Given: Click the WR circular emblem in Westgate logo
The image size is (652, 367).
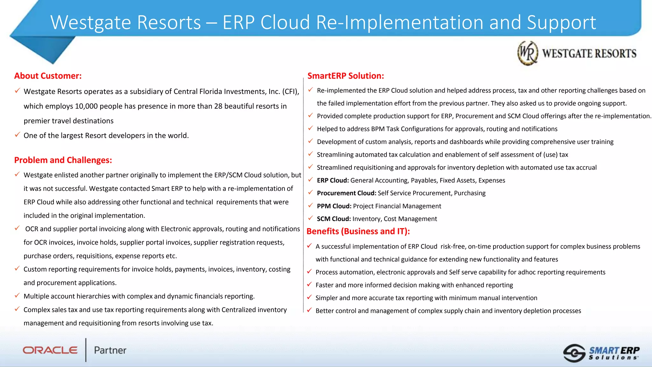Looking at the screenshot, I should [x=528, y=53].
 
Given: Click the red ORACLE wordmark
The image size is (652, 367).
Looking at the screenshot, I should [x=50, y=350].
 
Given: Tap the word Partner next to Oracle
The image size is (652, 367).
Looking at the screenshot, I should [x=110, y=350].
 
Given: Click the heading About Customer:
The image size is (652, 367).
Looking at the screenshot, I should [x=48, y=76].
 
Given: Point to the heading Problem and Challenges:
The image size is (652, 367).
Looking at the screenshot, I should [x=63, y=160].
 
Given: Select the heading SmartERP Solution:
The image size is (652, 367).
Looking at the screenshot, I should [x=346, y=76].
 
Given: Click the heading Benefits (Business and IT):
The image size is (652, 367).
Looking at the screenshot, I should [x=358, y=231].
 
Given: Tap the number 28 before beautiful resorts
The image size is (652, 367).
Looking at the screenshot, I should [x=218, y=106].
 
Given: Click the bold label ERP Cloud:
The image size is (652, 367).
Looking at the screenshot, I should [x=333, y=180].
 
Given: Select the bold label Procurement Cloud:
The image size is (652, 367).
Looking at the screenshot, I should [x=346, y=193].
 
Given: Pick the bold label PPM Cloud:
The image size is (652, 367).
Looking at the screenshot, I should [x=334, y=206].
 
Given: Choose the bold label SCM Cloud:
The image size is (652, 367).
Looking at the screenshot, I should [x=334, y=219].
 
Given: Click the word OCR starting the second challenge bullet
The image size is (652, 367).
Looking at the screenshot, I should [x=32, y=229].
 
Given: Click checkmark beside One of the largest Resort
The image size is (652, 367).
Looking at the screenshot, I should [x=18, y=135].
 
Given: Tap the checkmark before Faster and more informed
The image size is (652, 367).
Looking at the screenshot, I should [x=309, y=284].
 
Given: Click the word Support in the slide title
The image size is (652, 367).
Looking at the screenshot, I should [x=561, y=23].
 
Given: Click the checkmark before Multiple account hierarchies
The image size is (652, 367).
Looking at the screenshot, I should [x=18, y=296].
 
